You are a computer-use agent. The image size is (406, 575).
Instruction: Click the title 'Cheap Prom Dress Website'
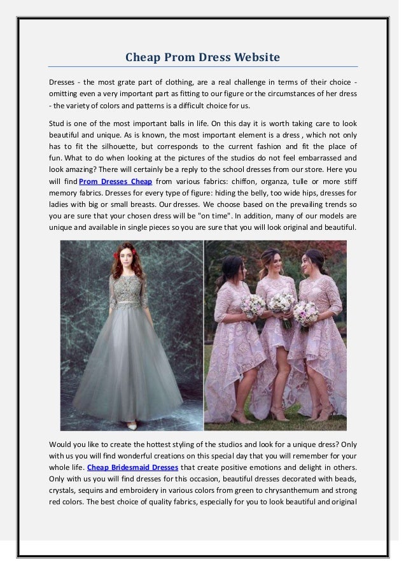tap(202, 58)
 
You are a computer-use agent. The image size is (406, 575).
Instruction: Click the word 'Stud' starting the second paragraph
tap(57, 123)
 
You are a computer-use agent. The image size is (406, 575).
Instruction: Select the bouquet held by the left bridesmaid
tap(253, 305)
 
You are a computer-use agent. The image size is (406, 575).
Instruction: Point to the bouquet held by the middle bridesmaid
tap(281, 301)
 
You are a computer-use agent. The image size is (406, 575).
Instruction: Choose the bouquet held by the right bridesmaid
tap(306, 311)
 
